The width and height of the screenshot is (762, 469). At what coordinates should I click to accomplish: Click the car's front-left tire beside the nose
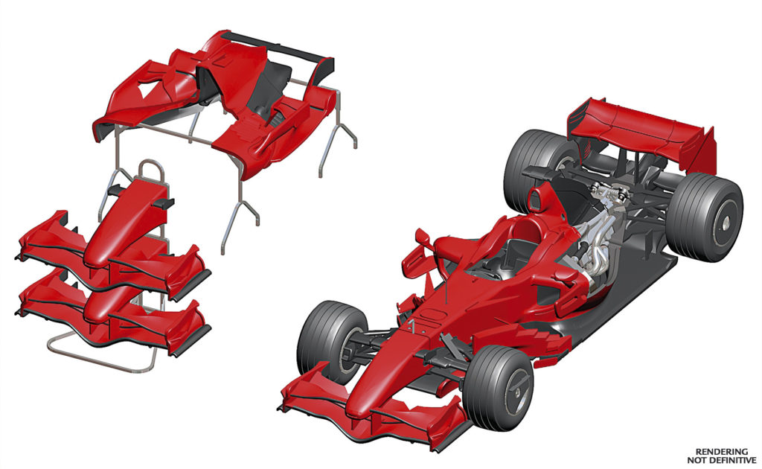(330, 342)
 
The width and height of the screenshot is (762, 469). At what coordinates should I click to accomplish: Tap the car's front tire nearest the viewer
(496, 386)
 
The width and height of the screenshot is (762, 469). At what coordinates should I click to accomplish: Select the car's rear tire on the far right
(703, 217)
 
